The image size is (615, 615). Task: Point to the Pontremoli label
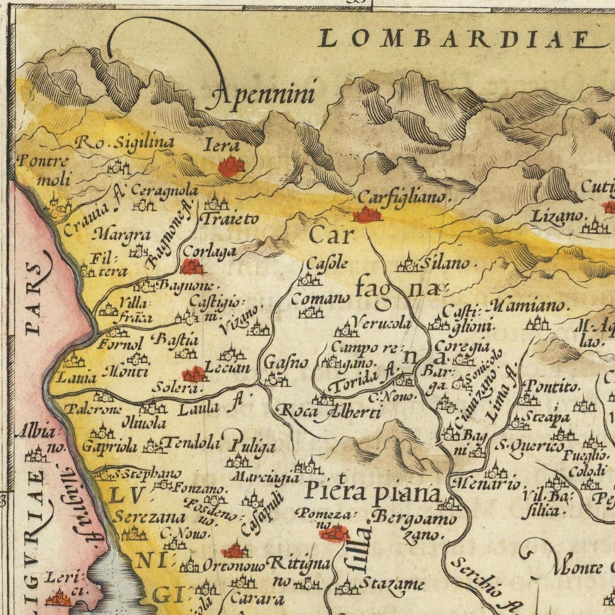[x=43, y=170]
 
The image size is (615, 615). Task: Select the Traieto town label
[x=230, y=220]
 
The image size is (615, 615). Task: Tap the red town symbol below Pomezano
[x=333, y=534]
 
